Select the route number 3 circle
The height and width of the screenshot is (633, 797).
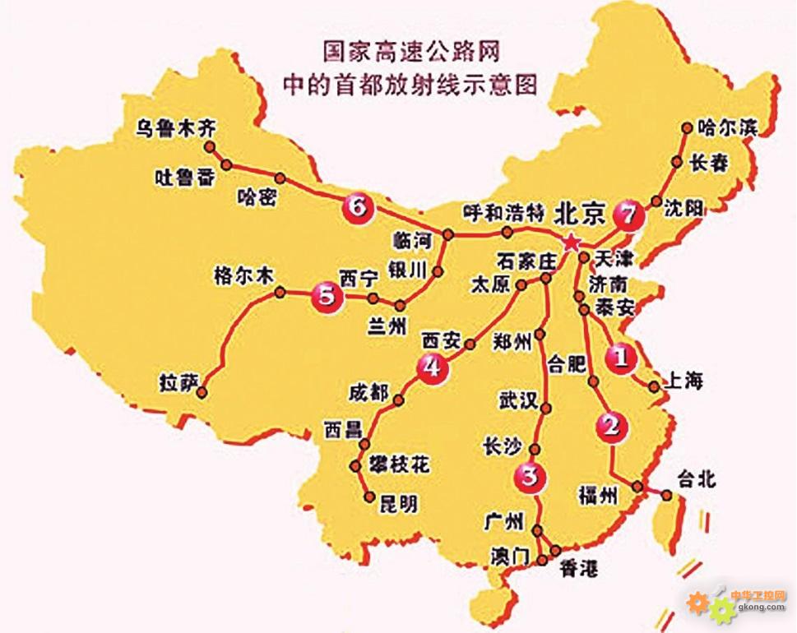click(x=529, y=475)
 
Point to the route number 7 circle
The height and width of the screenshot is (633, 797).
click(x=627, y=215)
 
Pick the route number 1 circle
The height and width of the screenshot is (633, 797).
click(x=620, y=358)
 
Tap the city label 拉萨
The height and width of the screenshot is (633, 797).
click(x=180, y=383)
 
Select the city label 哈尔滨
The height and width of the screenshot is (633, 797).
click(x=726, y=127)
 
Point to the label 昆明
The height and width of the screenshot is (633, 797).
click(x=398, y=504)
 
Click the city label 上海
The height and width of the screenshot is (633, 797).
click(x=682, y=381)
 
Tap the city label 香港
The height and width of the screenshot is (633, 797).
click(x=579, y=567)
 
